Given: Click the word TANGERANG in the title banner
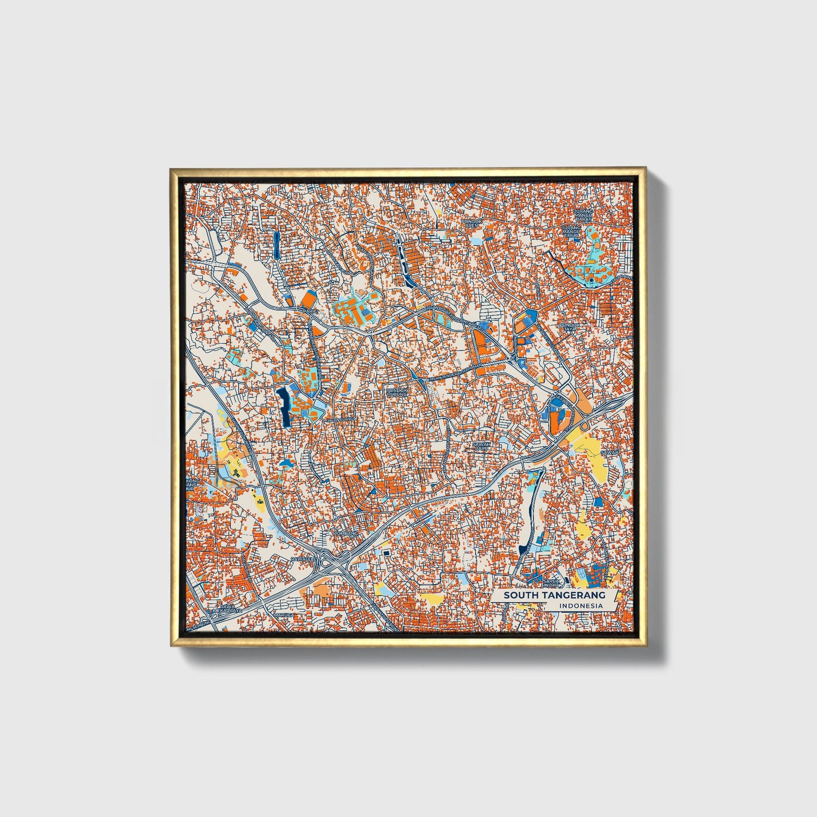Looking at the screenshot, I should click(576, 595).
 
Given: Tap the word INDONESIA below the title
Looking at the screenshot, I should click(581, 606).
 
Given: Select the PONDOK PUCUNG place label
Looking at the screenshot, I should click(396, 391).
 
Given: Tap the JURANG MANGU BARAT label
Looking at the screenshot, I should click(583, 215).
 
